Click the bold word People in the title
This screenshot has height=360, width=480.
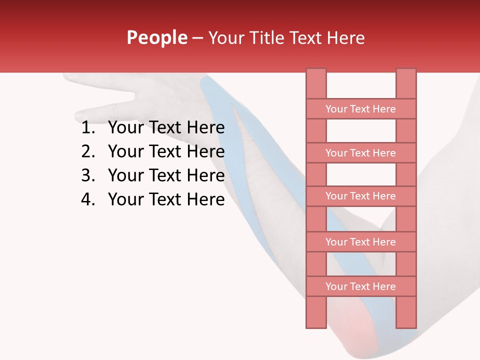[156, 37]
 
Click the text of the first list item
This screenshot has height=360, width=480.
[166, 128]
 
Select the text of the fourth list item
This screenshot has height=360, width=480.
[166, 199]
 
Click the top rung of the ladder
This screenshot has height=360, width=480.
[360, 109]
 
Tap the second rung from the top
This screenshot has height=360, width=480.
[360, 153]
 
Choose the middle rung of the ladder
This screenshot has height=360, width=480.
[360, 196]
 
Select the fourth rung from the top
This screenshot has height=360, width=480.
[360, 242]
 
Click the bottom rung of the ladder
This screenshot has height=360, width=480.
[360, 286]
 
